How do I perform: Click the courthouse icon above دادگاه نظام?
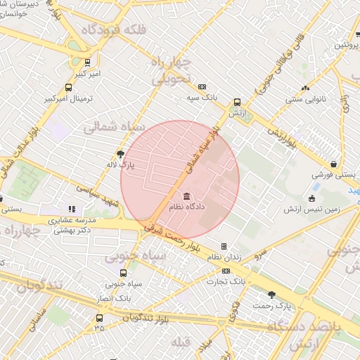coord(186,196)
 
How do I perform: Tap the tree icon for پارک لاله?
coord(120,153)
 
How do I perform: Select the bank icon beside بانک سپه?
coord(202,86)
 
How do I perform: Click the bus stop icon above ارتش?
coord(237,101)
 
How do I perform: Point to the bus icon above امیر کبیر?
coord(86,62)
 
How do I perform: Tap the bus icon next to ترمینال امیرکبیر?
coord(68,88)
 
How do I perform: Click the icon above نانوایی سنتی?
coord(304,88)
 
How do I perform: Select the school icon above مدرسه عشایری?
coord(71,208)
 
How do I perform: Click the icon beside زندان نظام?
coord(224,246)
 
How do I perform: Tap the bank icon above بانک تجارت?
coord(226,270)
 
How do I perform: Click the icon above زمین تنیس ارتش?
coord(311,198)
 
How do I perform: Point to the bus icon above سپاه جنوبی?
coord(124,273)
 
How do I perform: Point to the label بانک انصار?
coord(113,298)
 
